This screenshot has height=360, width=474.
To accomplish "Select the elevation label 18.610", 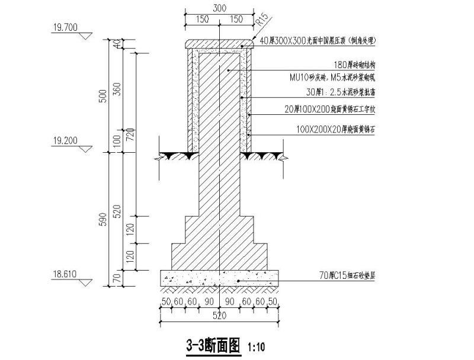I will [65, 274].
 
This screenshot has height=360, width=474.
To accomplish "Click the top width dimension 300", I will [220, 8].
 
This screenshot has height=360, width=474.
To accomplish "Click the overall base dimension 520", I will [220, 316].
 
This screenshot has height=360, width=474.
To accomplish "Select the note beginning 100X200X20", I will [336, 128].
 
